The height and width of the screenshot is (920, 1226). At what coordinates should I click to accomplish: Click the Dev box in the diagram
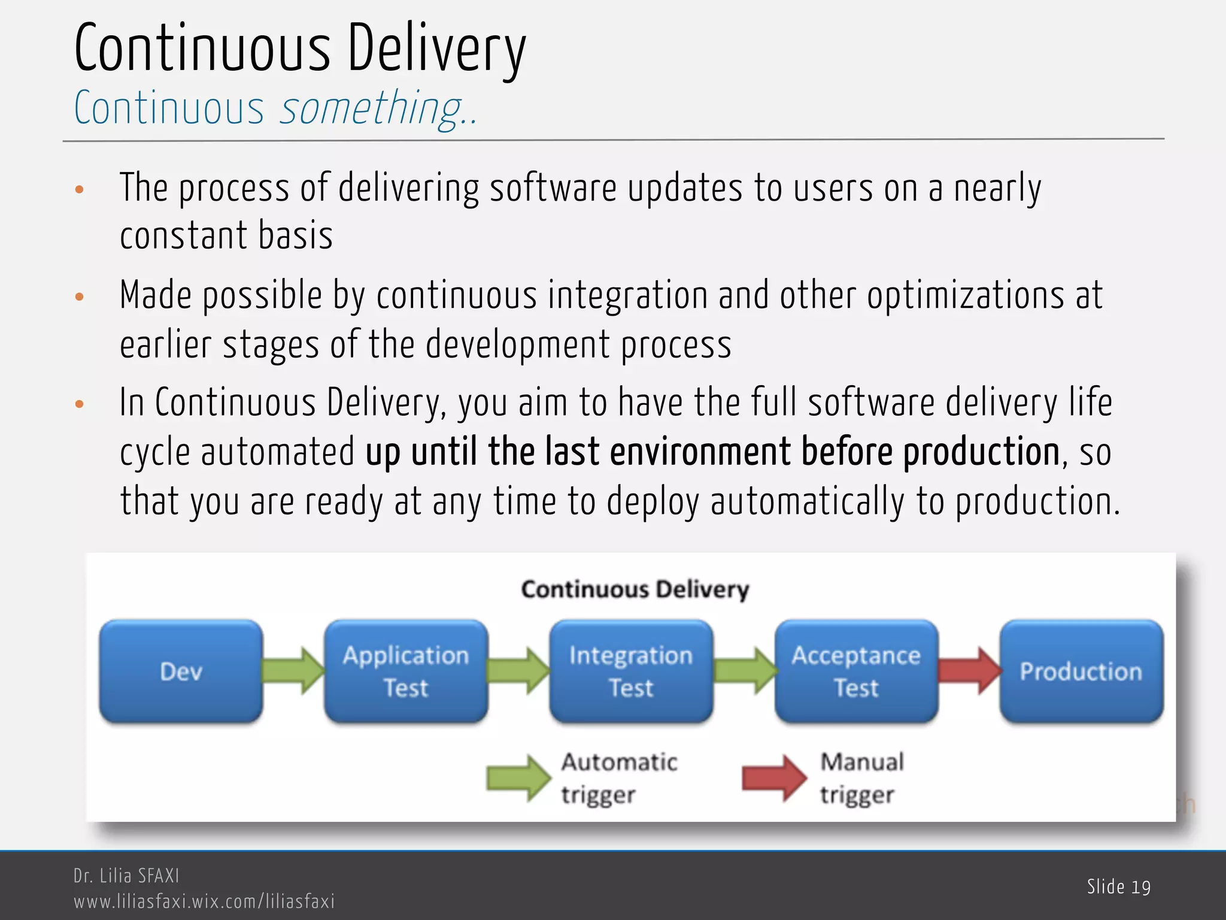181,671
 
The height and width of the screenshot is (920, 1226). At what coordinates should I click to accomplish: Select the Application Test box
406,671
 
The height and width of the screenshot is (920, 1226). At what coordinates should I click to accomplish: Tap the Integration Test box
631,671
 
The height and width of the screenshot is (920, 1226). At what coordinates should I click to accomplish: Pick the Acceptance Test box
856,671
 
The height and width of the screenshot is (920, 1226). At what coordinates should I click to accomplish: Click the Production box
1081,671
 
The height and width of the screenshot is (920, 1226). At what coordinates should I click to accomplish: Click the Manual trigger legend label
861,778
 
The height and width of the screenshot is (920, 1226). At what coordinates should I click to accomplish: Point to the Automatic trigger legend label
619,778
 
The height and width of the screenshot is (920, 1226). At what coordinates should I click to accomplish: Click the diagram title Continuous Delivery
635,589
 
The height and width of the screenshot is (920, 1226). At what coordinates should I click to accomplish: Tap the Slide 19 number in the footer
1118,887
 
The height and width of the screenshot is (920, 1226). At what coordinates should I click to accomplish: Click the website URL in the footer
204,901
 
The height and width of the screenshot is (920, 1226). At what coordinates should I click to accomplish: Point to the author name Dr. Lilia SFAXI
126,876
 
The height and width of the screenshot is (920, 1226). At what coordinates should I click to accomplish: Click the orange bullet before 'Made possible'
80,296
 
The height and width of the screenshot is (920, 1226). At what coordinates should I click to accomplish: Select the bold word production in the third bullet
981,452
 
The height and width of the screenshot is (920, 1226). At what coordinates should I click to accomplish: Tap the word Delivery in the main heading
436,49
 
